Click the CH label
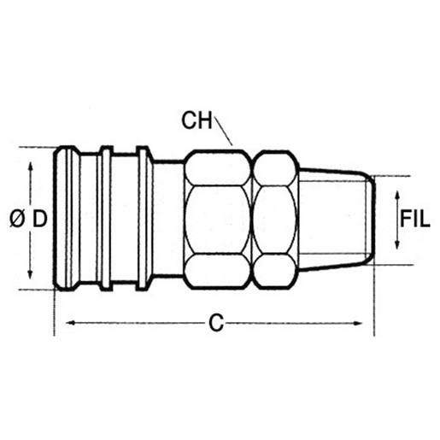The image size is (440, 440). coord(197,120)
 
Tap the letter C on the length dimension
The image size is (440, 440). coord(216,323)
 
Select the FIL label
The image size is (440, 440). coord(414,219)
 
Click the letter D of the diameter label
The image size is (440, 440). coord(39,220)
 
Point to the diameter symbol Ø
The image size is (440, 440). coord(17,220)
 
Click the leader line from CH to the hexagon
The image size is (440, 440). coord(224,131)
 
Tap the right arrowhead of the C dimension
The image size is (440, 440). coord(357,323)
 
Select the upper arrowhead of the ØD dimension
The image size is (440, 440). coord(30,167)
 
